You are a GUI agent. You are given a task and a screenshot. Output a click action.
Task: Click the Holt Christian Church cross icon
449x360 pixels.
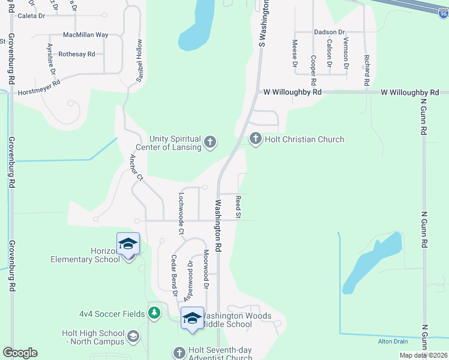[x=255, y=139]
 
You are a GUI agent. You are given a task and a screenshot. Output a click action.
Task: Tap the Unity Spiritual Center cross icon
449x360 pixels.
[x=209, y=142]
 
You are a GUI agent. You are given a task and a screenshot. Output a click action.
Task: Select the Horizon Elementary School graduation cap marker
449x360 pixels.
[x=128, y=244]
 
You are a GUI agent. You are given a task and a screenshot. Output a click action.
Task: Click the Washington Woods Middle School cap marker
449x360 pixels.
[x=193, y=319]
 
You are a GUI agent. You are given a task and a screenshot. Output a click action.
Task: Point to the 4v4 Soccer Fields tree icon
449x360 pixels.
[x=154, y=313]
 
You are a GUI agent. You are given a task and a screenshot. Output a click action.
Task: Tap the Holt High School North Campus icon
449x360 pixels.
[x=133, y=337]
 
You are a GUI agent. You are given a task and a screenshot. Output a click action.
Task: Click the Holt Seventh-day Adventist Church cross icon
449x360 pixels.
[x=178, y=352]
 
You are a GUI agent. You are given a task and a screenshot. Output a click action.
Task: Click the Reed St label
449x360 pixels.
[x=238, y=206]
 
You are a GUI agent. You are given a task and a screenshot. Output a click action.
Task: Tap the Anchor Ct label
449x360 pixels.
[x=137, y=167]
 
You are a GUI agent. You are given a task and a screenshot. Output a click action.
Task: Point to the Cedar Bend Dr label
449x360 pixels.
[x=174, y=276]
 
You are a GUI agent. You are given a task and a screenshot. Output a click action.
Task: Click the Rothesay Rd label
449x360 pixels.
[x=77, y=54]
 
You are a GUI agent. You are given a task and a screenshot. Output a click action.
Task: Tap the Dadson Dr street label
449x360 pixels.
[x=329, y=32]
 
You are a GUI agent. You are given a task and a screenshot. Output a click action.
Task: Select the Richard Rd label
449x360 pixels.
[x=366, y=71]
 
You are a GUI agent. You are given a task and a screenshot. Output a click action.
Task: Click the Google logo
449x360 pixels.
[x=20, y=353]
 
